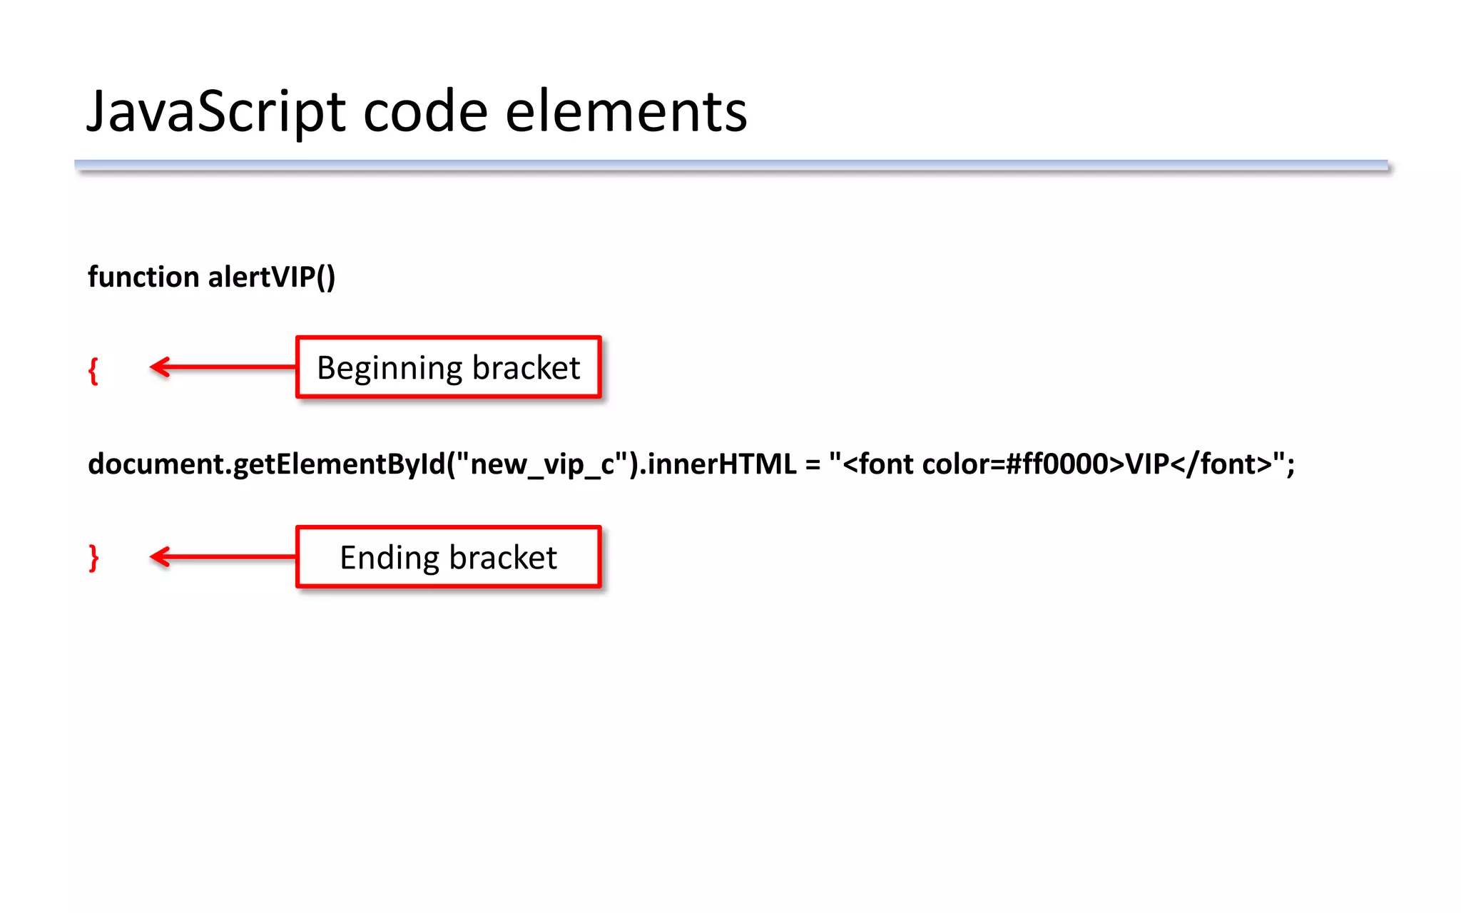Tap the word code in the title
(425, 113)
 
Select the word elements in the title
(626, 113)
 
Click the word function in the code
(143, 277)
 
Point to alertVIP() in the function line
(271, 277)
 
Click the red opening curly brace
(93, 371)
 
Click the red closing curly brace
(93, 558)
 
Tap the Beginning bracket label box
(449, 367)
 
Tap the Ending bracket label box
(449, 557)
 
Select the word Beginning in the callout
(390, 369)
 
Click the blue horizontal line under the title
(731, 165)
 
